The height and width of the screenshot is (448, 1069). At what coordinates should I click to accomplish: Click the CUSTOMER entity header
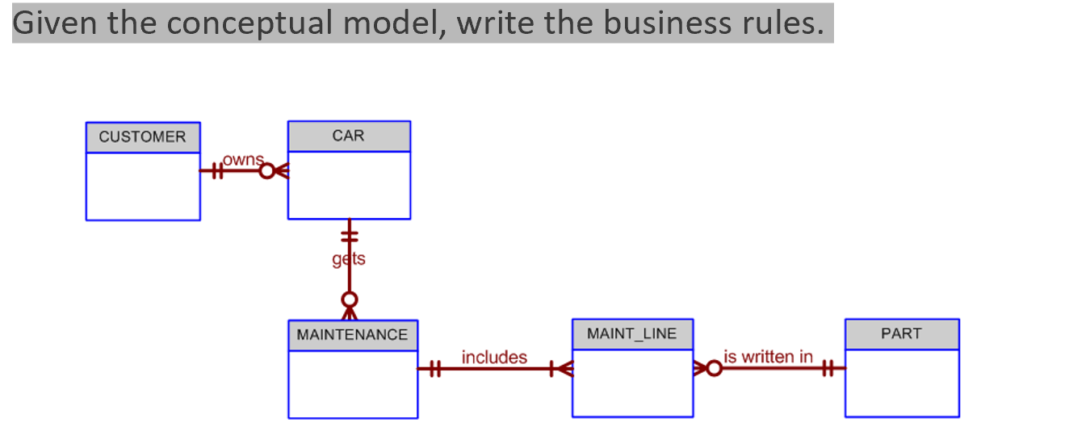click(142, 137)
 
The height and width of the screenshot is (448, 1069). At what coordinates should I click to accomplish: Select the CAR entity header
click(348, 136)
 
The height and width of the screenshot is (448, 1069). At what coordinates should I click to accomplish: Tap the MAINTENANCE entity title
click(352, 335)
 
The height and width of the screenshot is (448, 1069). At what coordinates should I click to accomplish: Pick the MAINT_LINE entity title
click(631, 333)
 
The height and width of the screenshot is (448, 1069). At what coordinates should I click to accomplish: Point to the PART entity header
click(901, 334)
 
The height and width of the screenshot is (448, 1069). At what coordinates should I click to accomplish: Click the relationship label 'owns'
click(242, 160)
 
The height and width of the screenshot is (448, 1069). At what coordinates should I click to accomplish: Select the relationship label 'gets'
click(349, 259)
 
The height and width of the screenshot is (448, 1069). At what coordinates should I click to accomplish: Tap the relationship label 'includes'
click(494, 357)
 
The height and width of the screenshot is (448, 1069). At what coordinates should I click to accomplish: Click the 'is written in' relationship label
click(768, 356)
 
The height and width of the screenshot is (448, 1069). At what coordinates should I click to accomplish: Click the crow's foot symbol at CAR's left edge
click(280, 171)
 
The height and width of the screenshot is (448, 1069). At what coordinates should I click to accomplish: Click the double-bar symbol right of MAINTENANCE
click(434, 370)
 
